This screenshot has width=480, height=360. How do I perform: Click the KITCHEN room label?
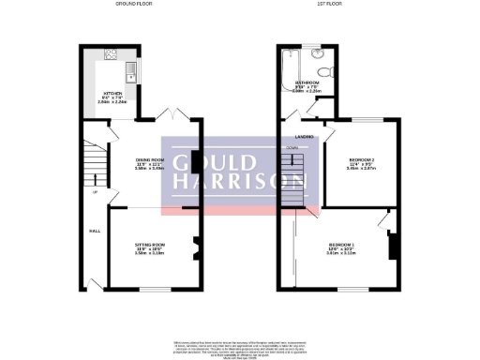[x=112, y=95]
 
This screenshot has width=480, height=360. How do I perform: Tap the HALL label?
[x=95, y=230]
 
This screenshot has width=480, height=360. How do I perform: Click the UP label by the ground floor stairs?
[x=96, y=192]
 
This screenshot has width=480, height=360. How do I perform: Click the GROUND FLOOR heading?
[x=133, y=5]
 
